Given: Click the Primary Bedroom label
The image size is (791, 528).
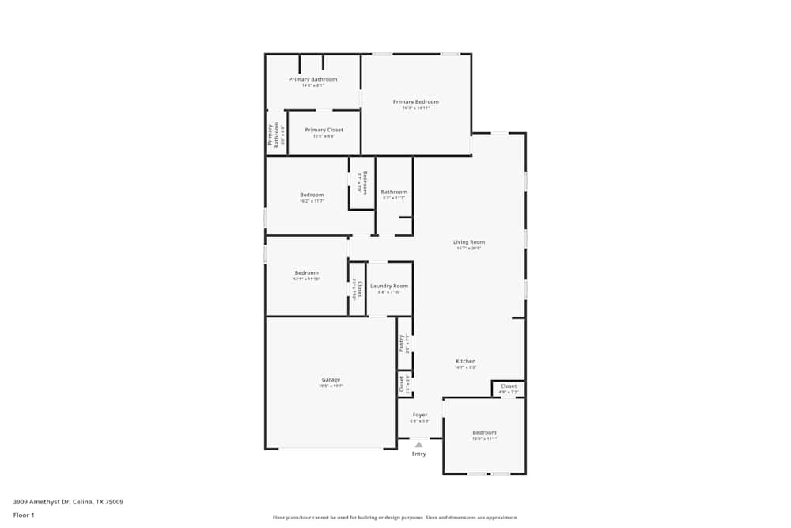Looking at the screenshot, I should pos(415,101).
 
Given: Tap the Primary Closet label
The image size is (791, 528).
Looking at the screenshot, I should pos(324,130).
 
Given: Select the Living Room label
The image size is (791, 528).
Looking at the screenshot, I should pos(468,242).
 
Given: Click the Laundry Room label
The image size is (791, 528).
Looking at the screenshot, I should pos(389,286).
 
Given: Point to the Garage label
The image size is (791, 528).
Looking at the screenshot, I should pos(331,380).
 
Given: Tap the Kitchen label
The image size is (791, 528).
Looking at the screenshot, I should pos(465,361).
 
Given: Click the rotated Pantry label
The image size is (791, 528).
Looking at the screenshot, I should pos(402,343).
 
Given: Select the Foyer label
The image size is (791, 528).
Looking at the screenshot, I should pos(419,415).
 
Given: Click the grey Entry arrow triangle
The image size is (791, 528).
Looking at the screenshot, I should pos(418,445).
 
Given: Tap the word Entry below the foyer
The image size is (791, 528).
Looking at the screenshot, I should pos(418,454).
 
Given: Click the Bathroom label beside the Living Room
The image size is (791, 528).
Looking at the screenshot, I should pos(394,192).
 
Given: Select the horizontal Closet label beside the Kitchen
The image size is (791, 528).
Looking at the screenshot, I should pos(509,386).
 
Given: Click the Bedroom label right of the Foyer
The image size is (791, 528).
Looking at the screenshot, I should pos(484,432).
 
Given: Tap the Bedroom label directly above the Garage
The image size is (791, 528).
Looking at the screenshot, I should pos(307,273).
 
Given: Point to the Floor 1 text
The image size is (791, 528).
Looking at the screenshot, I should pos(24,515).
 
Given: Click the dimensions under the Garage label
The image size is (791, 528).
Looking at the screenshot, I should pos(331,386).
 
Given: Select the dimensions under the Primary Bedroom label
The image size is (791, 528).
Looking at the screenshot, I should pos(415,108).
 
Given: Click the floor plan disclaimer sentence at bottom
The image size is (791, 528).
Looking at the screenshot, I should pos(395,518).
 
